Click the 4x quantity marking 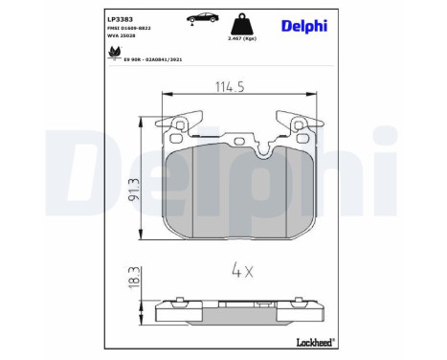click(242, 272)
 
